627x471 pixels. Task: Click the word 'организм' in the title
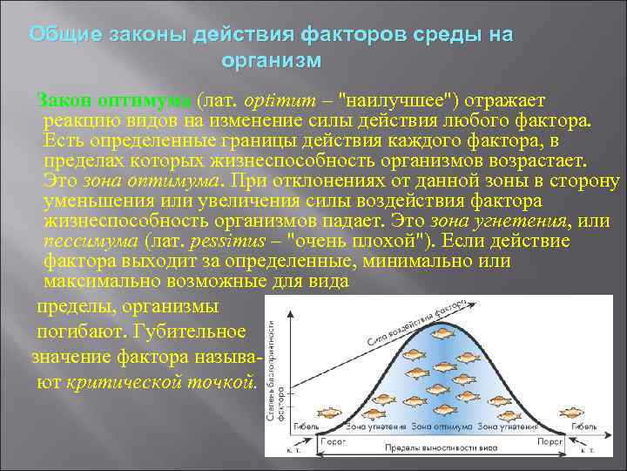[271, 61]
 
